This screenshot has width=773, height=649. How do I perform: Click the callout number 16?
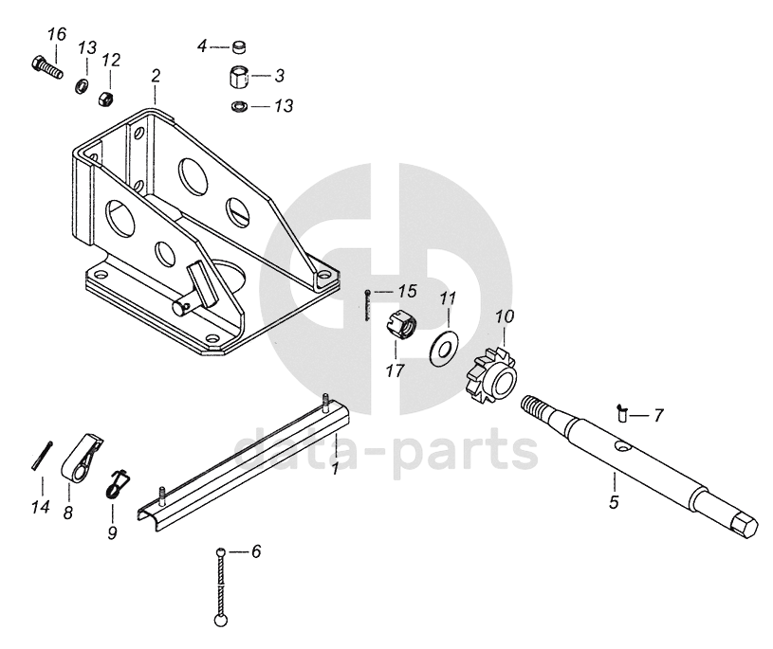pyautogui.click(x=57, y=35)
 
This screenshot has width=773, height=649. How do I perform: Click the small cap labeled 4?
pyautogui.click(x=240, y=45)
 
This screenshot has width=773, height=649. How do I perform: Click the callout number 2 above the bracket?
pyautogui.click(x=156, y=75)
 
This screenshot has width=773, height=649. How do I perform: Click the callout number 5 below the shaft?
pyautogui.click(x=614, y=503)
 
